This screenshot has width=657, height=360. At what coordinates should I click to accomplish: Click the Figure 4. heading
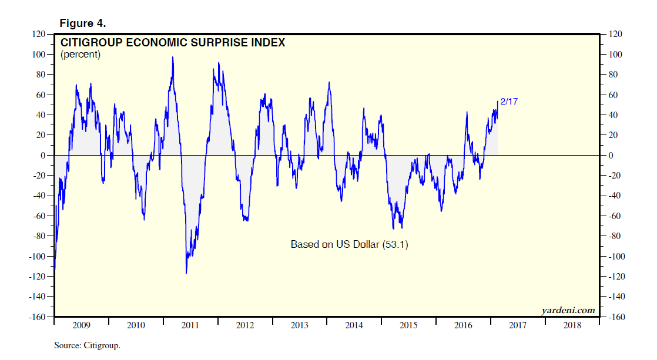82,23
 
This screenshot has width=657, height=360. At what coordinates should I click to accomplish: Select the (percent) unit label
81,55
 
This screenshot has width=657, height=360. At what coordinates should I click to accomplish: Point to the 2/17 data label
508,101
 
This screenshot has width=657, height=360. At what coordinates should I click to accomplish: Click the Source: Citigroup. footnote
87,345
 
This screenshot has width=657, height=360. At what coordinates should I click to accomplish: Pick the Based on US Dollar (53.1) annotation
349,244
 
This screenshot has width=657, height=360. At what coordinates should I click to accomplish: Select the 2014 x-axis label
354,325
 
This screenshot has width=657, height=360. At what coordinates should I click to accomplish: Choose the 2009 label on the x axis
81,325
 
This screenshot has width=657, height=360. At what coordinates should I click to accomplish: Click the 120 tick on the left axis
39,34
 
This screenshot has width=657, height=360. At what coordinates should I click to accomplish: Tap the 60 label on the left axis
41,95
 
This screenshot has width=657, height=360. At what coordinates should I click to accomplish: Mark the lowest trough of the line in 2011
186,273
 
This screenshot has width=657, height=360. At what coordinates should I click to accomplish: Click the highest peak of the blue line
173,57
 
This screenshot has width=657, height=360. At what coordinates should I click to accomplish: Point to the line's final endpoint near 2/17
498,102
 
